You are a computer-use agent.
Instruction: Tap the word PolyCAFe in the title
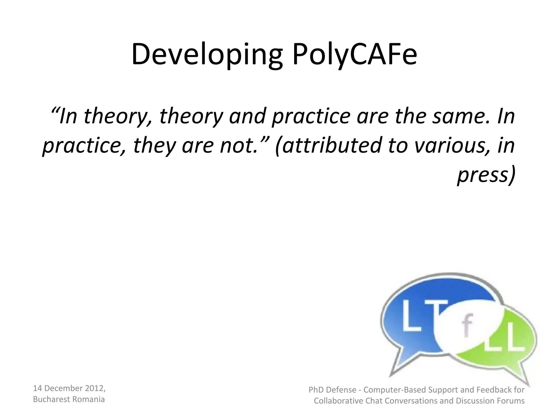click(x=355, y=55)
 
